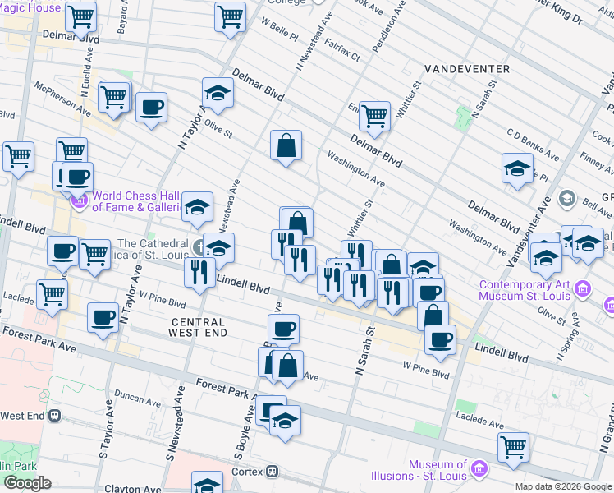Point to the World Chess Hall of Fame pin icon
(x=80, y=200)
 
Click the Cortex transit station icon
(x=272, y=472)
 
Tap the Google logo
(x=27, y=483)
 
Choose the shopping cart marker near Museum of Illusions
(x=513, y=446)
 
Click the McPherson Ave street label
(x=62, y=96)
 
